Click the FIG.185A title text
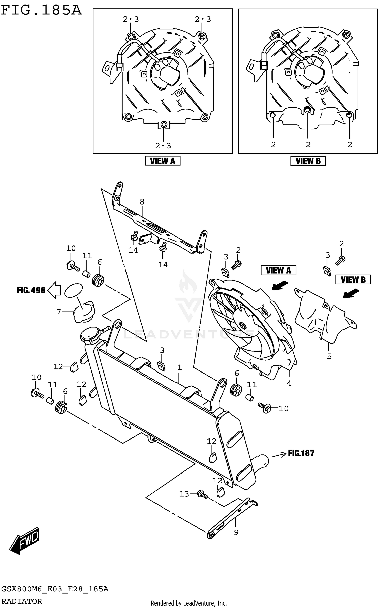pyautogui.click(x=41, y=11)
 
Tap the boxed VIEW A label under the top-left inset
pyautogui.click(x=163, y=161)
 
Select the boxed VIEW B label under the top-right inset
pyautogui.click(x=308, y=161)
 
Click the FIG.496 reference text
pyautogui.click(x=31, y=290)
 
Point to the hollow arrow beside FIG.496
pyautogui.click(x=54, y=290)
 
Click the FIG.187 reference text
pyautogui.click(x=301, y=453)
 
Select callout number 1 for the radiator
pyautogui.click(x=179, y=368)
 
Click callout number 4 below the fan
pyautogui.click(x=289, y=383)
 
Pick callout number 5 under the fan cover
pyautogui.click(x=329, y=356)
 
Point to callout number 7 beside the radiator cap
pyautogui.click(x=59, y=312)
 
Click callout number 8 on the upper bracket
pyautogui.click(x=142, y=201)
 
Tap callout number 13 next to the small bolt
pyautogui.click(x=184, y=494)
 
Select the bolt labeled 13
pyautogui.click(x=202, y=494)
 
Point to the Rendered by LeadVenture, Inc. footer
pyautogui.click(x=189, y=603)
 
